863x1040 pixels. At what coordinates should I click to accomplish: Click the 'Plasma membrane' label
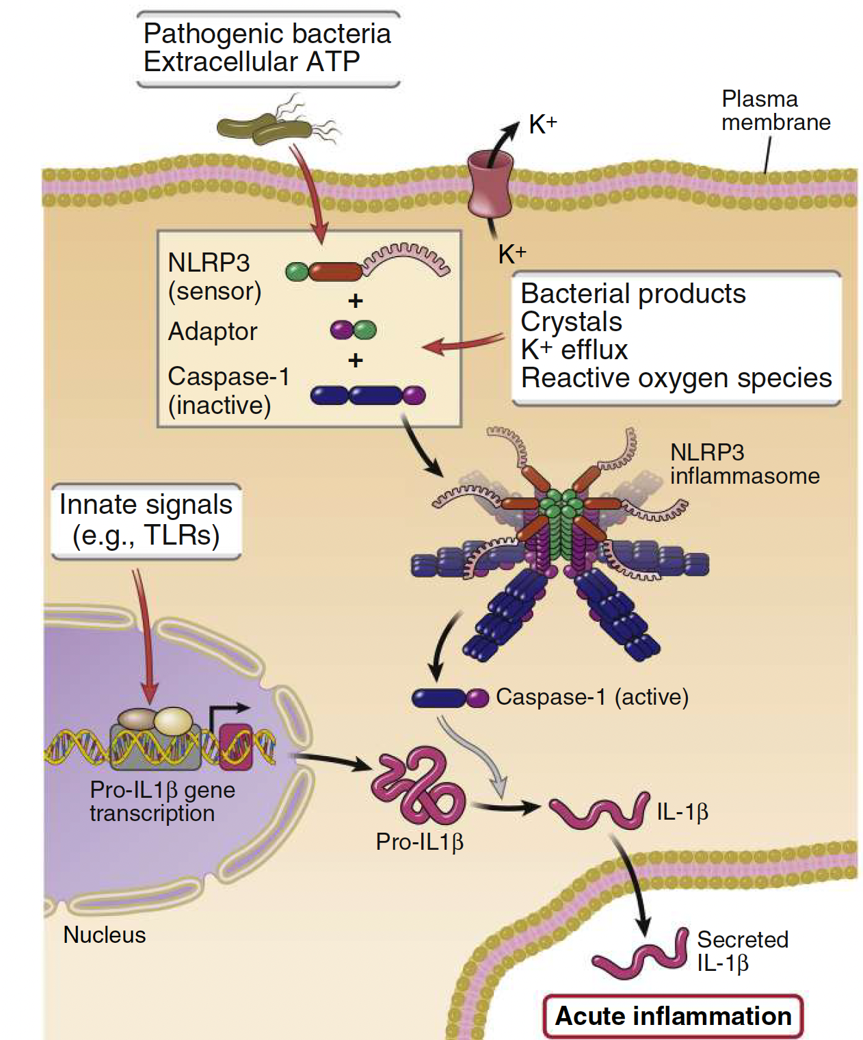[x=775, y=111]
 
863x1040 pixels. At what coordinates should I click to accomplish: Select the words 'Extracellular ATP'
[x=252, y=62]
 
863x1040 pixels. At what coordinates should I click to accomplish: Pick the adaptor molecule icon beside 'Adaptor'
[x=353, y=330]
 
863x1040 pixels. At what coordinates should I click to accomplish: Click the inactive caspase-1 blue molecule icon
[x=368, y=395]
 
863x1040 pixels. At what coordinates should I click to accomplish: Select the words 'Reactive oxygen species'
[x=676, y=378]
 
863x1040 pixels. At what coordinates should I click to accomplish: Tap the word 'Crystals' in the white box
[x=572, y=322]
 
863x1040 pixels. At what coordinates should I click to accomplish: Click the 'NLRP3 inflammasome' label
[x=744, y=464]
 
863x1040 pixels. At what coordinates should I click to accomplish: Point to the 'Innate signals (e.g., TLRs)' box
[x=146, y=521]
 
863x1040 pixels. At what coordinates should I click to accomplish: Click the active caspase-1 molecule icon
[x=449, y=698]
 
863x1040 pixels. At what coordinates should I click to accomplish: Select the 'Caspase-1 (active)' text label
[x=592, y=697]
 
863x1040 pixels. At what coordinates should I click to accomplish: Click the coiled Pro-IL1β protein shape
[x=418, y=787]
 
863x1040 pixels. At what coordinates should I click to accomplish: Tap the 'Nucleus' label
[x=104, y=935]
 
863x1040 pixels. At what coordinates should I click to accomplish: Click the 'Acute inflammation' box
[x=673, y=1016]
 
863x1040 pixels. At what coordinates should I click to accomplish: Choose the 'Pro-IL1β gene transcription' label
[x=162, y=801]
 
